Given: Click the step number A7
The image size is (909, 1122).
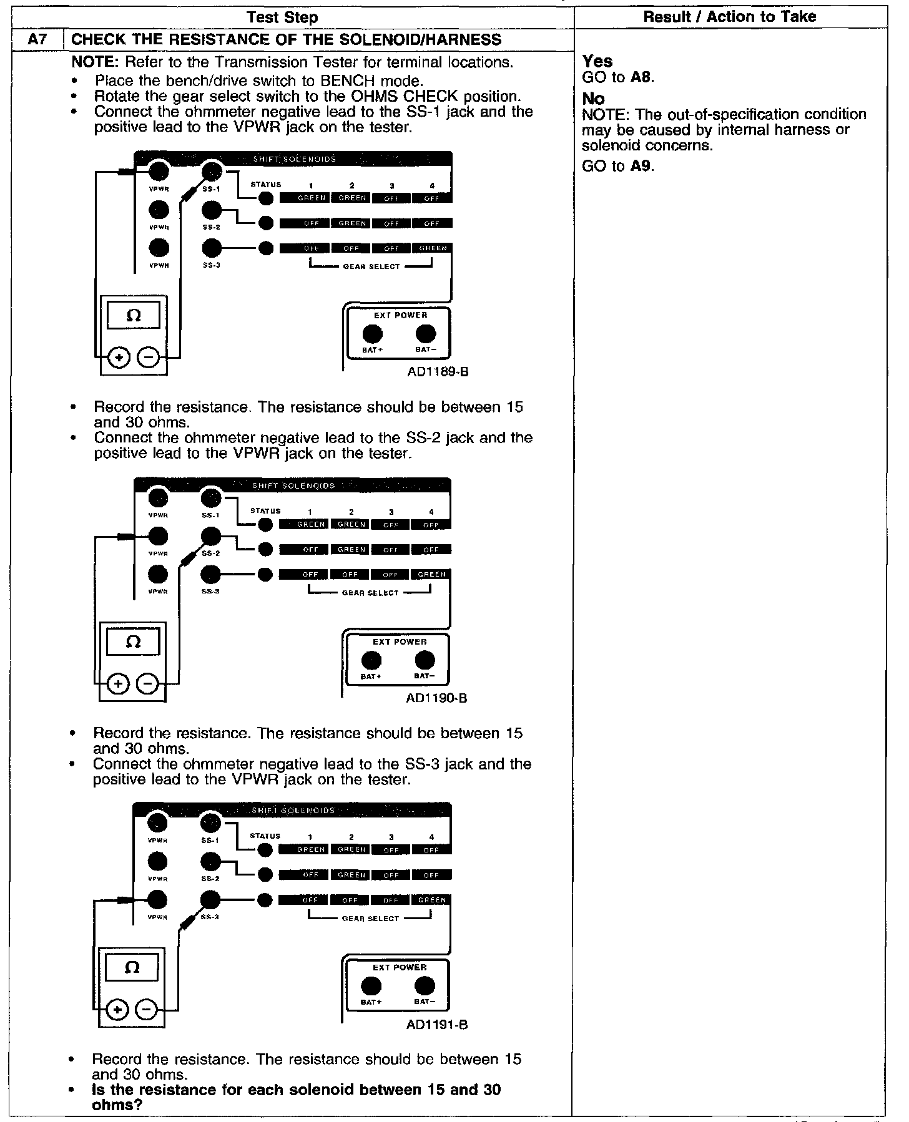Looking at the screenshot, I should point(37,40).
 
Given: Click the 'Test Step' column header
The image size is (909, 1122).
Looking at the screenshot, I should point(282,17).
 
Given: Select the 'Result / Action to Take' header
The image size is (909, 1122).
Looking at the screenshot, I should point(729,17).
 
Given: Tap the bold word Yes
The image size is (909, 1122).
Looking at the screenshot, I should point(597,61).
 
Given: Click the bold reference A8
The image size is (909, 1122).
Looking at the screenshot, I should point(642,77).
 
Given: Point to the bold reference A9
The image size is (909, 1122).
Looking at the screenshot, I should point(641,166).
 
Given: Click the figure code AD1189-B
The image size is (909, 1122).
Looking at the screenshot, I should point(436,372).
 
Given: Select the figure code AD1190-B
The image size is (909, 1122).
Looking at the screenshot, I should point(436,698).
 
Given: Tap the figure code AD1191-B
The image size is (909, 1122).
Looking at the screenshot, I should point(436,1025).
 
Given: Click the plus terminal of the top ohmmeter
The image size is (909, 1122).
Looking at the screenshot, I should point(119,358).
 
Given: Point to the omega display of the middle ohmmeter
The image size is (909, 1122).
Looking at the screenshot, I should point(133,641).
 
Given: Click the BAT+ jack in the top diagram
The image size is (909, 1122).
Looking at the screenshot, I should point(373,334).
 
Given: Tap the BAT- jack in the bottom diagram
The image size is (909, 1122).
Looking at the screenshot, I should point(425,986).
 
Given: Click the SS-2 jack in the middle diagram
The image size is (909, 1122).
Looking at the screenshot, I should point(212,536).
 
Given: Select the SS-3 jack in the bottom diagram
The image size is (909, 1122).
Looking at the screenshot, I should point(211,900).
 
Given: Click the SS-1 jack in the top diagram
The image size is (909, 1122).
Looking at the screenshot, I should point(212,171).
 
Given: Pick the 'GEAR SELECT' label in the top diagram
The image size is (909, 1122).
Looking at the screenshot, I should point(371,266).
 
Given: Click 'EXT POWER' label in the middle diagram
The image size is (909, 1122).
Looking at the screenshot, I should point(400,641).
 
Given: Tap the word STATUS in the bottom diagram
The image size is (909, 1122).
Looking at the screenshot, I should point(265,836).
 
